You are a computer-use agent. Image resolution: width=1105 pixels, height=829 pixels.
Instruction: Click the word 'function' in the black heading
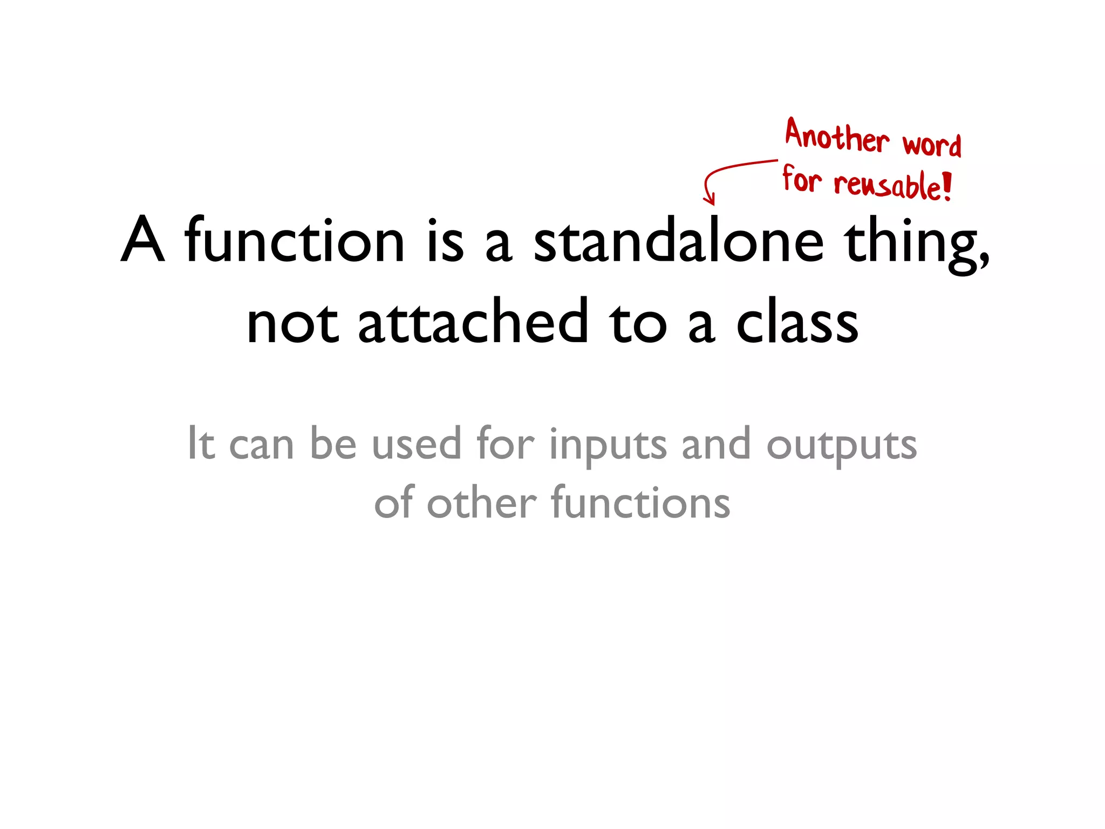point(294,241)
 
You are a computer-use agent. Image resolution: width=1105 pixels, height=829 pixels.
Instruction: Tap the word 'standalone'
point(678,241)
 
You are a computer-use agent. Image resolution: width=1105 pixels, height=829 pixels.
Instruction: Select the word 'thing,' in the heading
point(917,243)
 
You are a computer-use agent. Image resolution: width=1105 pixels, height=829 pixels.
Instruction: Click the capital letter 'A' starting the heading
point(142,240)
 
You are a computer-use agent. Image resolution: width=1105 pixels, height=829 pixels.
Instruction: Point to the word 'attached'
point(473,322)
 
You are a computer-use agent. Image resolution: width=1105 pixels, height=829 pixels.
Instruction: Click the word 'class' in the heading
point(797,322)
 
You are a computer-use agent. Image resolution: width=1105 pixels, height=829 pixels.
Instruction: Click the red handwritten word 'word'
point(932,145)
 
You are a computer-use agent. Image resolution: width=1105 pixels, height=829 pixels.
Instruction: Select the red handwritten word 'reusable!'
point(893,186)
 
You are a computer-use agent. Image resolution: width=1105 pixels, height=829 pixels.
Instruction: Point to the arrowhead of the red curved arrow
point(710,201)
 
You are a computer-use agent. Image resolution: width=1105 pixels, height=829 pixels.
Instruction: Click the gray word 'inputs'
point(608,446)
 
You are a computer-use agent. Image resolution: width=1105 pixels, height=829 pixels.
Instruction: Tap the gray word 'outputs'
point(841,446)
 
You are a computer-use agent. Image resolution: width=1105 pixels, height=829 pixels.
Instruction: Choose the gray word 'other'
point(482,503)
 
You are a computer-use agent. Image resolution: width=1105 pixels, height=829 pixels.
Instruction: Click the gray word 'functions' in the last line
point(640,503)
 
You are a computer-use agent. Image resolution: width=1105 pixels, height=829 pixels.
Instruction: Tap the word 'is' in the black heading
point(445,241)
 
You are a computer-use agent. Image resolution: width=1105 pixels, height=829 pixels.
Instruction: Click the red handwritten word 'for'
point(802,179)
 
